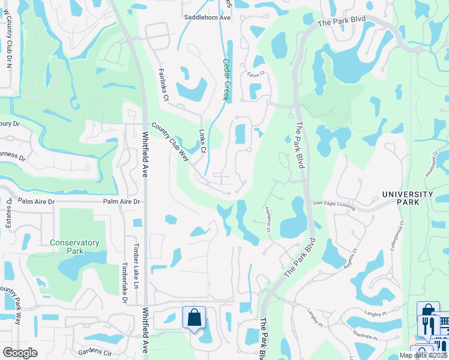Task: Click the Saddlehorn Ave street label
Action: pyautogui.click(x=207, y=18)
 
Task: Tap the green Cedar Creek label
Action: pyautogui.click(x=226, y=79)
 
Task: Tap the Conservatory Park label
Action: pyautogui.click(x=74, y=247)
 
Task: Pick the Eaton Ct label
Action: pyautogui.click(x=256, y=75)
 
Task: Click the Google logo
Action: pyautogui.click(x=20, y=353)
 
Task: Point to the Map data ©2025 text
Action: pyautogui.click(x=423, y=355)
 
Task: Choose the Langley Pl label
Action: pyautogui.click(x=315, y=317)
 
